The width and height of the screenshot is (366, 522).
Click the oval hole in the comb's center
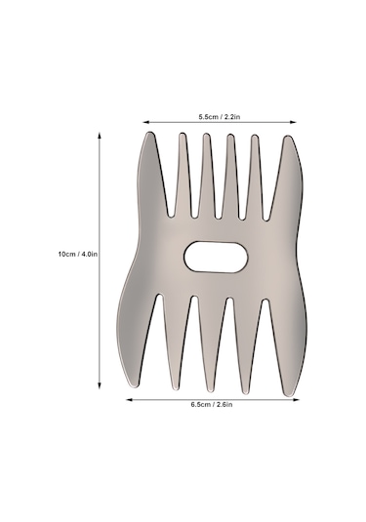click(216, 257)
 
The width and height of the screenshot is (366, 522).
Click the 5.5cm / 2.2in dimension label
click(220, 117)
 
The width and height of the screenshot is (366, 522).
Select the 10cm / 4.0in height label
click(78, 254)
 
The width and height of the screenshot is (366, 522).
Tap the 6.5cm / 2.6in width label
click(212, 405)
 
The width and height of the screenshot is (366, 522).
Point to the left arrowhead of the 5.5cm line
click(145, 122)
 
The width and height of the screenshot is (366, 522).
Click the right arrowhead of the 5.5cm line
click(293, 122)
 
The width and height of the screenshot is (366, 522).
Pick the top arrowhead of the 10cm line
click(99, 136)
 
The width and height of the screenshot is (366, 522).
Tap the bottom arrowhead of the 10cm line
click(99, 385)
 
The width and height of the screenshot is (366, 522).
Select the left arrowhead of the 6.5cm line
click(129, 399)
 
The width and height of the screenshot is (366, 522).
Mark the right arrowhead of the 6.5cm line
click(296, 399)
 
